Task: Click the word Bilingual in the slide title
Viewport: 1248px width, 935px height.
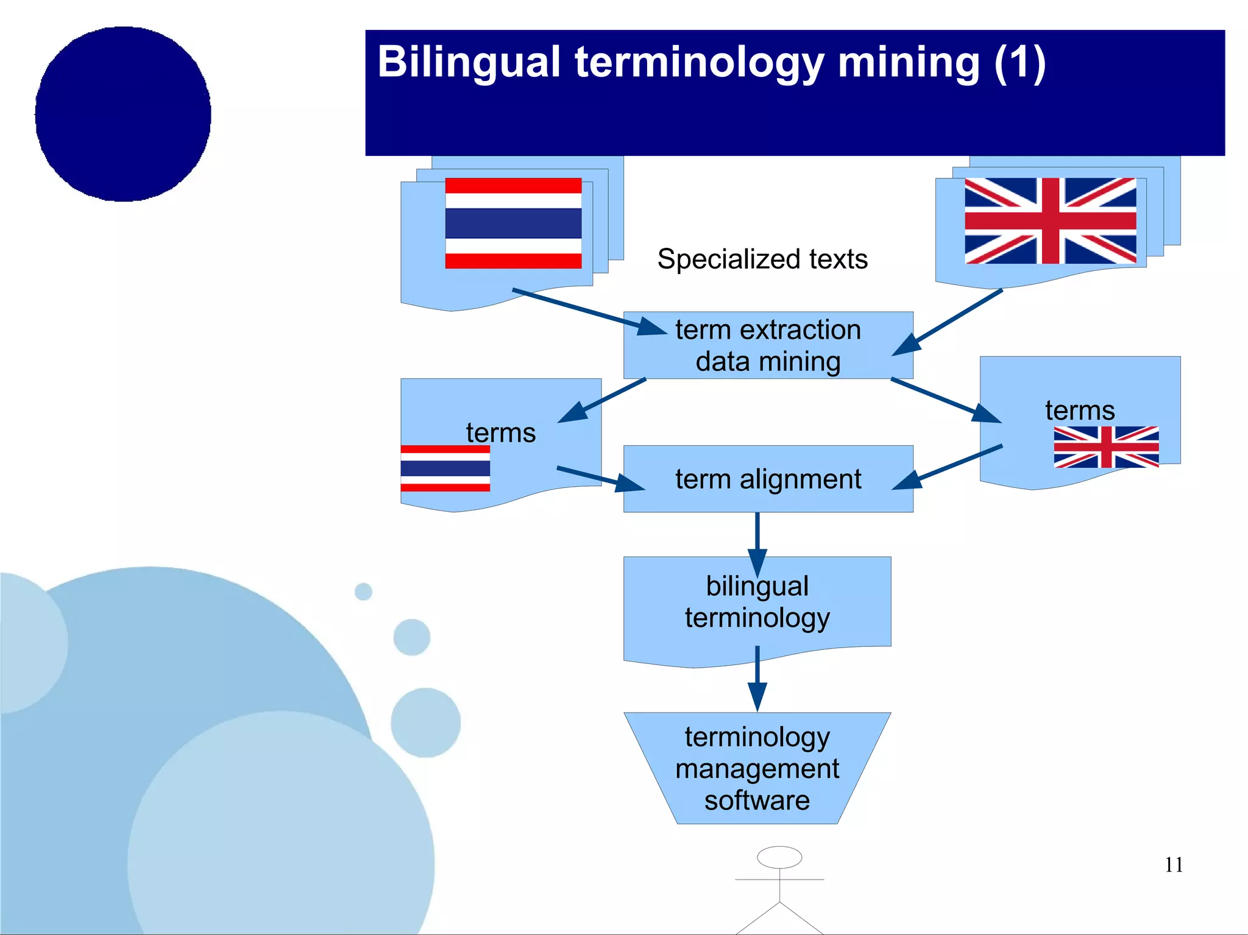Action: (468, 63)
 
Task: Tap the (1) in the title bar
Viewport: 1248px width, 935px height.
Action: (1019, 63)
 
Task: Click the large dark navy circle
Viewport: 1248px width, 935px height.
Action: (123, 114)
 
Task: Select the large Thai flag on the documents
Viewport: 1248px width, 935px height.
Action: (513, 223)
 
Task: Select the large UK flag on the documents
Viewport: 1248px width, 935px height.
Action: (1050, 221)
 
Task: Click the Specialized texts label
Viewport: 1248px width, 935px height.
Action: (762, 259)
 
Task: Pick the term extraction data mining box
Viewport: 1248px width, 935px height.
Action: (768, 345)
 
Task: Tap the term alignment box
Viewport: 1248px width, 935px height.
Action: (768, 479)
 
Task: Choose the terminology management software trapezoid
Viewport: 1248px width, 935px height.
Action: (757, 769)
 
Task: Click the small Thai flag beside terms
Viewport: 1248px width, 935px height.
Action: (445, 468)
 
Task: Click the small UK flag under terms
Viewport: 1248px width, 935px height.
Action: (1105, 447)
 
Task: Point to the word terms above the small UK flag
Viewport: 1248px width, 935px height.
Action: (1079, 411)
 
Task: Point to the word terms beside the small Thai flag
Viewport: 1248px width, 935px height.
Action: (500, 433)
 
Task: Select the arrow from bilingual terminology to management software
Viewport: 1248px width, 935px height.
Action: (757, 679)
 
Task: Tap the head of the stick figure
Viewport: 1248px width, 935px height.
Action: (779, 857)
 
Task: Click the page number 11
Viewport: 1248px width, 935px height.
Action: (1173, 865)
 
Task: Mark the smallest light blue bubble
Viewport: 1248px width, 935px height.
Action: (363, 591)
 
